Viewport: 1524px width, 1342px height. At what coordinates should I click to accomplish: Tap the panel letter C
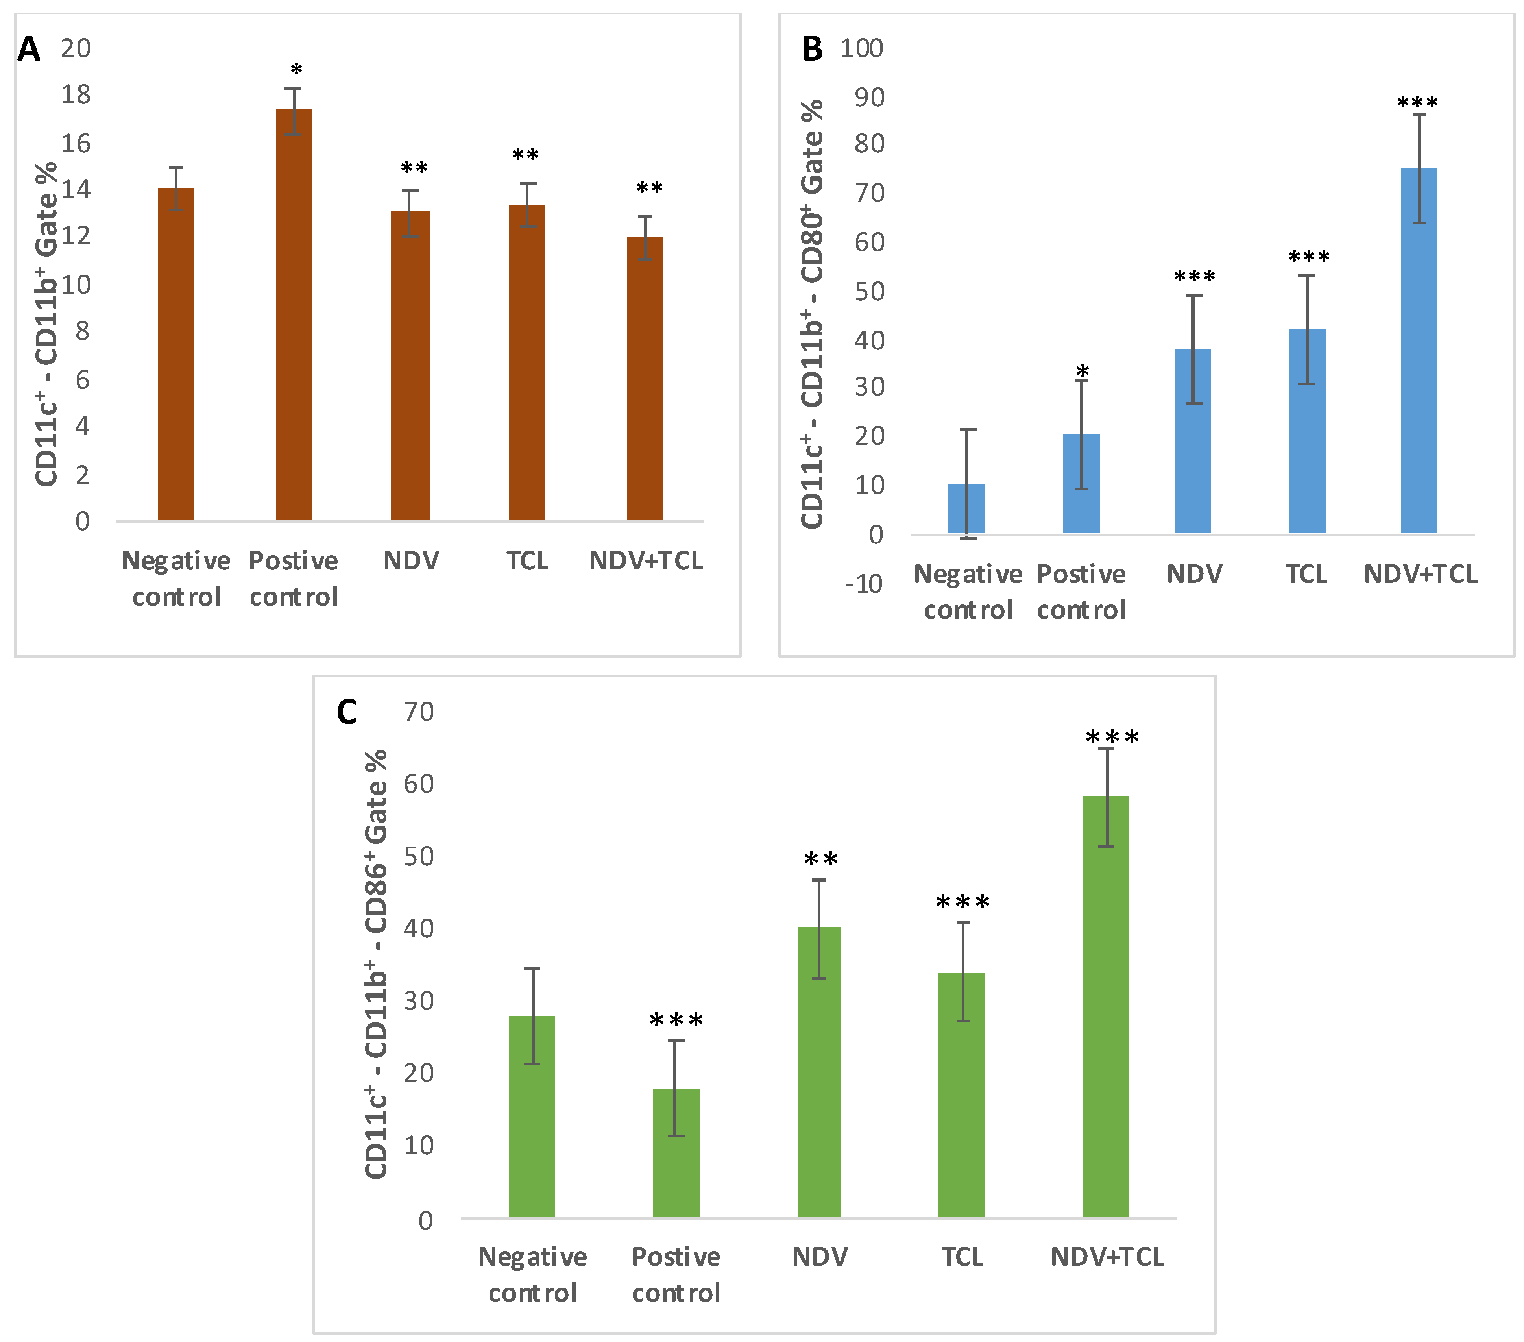pyautogui.click(x=347, y=712)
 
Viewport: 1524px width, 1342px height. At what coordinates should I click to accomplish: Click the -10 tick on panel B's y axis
pyautogui.click(x=864, y=584)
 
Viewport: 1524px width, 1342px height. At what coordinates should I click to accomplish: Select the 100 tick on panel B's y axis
pyautogui.click(x=861, y=48)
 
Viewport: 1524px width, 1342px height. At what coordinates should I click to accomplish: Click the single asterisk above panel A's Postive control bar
pyautogui.click(x=296, y=71)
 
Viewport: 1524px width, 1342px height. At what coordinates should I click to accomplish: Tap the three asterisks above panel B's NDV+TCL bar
pyautogui.click(x=1417, y=103)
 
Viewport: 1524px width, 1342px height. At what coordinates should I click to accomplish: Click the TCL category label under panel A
pyautogui.click(x=527, y=561)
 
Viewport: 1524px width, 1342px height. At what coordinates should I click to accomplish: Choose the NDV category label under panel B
pyautogui.click(x=1194, y=574)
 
